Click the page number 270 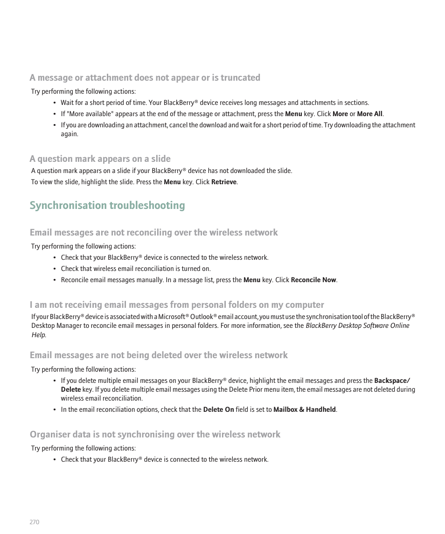pos(35,522)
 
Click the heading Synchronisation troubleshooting pos(107,206)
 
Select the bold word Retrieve pos(224,182)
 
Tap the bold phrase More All pos(370,114)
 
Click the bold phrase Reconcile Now pos(313,280)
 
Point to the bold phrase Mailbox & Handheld pos(305,409)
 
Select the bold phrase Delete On pos(218,409)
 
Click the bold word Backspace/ pos(392,381)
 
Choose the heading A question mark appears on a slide pos(100,159)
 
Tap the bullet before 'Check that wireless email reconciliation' pos(55,269)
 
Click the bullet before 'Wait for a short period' pos(55,103)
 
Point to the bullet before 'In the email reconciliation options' pos(55,410)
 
